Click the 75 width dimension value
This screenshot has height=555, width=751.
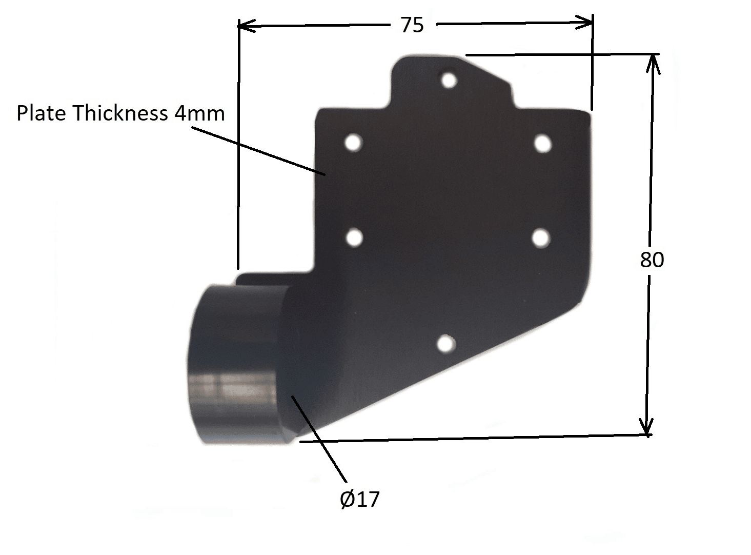pos(412,25)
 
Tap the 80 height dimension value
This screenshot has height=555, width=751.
pos(652,260)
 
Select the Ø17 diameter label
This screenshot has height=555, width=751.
pos(360,499)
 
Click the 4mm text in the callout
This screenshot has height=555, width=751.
pos(199,113)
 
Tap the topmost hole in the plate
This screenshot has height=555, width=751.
pos(449,80)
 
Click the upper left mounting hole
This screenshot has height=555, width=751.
pos(353,142)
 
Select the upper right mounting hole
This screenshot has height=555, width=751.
pos(542,143)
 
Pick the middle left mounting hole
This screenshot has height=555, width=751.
pos(354,237)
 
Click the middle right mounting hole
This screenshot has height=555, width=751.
pos(541,238)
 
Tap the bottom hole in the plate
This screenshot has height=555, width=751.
pos(446,343)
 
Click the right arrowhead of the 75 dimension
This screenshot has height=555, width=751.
pos(585,22)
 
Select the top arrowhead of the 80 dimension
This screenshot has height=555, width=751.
pos(653,64)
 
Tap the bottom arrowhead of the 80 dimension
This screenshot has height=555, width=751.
pos(647,426)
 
